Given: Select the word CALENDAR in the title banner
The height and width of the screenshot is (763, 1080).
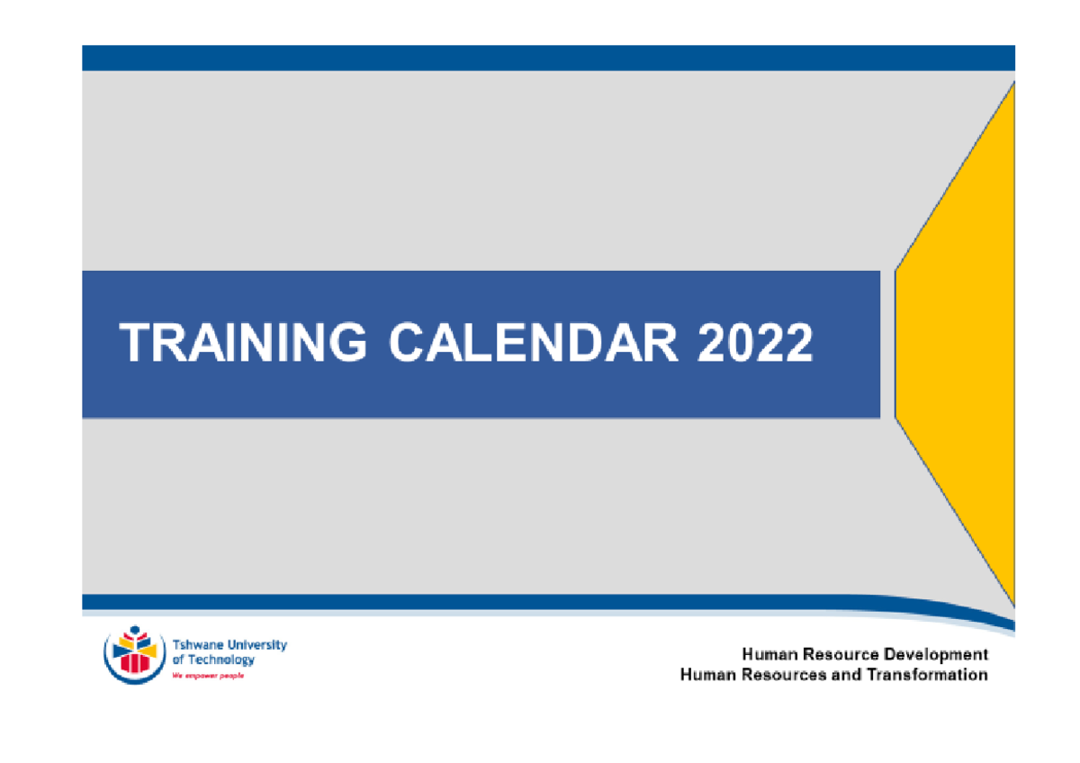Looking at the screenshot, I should (534, 344).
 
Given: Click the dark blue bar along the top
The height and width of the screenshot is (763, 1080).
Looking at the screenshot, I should (548, 58).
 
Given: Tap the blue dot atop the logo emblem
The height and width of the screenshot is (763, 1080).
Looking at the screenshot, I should (135, 630).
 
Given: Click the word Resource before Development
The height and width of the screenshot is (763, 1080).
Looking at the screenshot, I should (841, 654).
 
